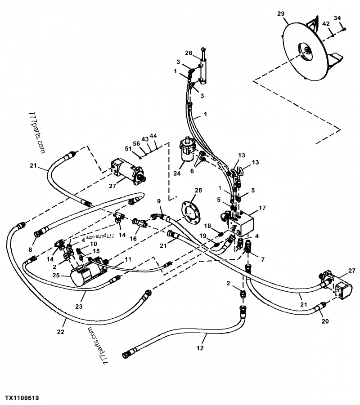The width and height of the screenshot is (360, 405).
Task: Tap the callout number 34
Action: (x=337, y=18)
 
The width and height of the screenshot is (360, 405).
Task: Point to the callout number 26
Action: (x=189, y=53)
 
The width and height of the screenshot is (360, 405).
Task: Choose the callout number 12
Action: (x=200, y=347)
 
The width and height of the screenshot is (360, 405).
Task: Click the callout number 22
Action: (x=61, y=332)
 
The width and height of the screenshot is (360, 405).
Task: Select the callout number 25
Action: (x=56, y=275)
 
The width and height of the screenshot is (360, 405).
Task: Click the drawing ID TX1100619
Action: (x=22, y=398)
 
